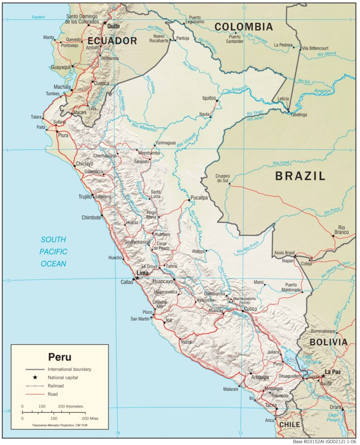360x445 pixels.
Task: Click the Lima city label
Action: (142, 273)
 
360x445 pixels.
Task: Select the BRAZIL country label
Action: (300, 176)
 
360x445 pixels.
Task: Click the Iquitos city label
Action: (208, 98)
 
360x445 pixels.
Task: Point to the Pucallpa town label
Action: (199, 198)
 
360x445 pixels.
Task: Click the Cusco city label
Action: (250, 309)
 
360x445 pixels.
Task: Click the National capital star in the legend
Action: (35, 377)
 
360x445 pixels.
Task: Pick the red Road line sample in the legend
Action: (35, 394)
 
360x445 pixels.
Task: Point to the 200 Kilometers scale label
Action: (70, 406)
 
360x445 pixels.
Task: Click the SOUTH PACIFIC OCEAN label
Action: (54, 251)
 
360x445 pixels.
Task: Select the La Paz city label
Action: (333, 372)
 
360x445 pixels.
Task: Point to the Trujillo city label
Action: (85, 197)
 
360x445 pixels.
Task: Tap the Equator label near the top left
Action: (38, 17)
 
